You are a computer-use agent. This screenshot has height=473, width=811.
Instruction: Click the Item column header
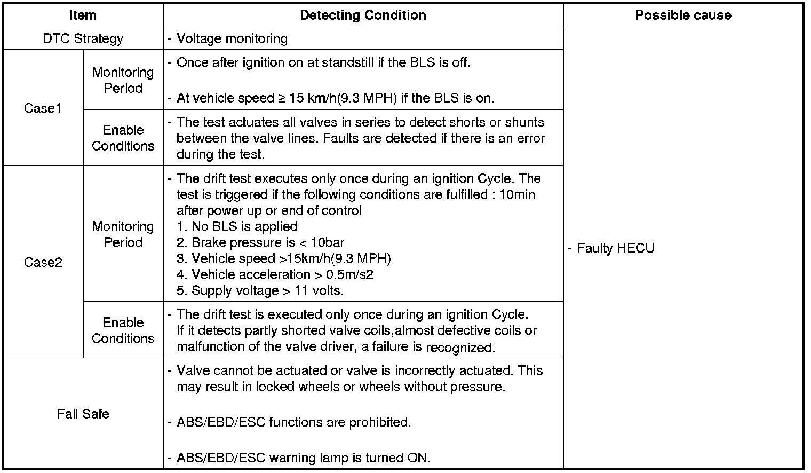point(83,15)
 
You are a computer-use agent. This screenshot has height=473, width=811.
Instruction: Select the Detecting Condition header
point(363,15)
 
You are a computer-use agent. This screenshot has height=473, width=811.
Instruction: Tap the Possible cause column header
point(683,15)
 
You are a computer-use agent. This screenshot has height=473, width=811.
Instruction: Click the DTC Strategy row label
point(83,38)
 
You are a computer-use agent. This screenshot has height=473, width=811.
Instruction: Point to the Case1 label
point(43,108)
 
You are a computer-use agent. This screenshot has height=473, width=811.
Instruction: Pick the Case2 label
point(43,262)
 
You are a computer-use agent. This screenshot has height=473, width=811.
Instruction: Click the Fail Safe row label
point(83,414)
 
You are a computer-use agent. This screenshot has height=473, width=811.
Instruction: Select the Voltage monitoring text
point(232,38)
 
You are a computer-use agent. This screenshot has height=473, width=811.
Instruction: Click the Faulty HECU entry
point(615,248)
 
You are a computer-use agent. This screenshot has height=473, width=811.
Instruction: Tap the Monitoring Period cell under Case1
point(123,80)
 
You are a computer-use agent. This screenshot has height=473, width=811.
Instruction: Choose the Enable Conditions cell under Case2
point(123,330)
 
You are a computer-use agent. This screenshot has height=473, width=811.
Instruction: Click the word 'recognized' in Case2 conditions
point(460,348)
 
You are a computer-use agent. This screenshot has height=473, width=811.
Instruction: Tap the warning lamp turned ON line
point(303,458)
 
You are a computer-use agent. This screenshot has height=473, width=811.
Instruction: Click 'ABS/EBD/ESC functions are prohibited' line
point(293,422)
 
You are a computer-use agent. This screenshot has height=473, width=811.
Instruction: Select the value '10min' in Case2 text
point(517,194)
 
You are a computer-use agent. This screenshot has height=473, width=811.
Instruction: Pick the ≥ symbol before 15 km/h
point(282,98)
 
